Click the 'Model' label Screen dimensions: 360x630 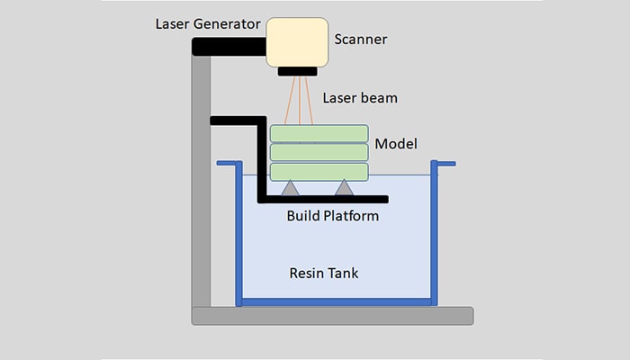tap(395, 143)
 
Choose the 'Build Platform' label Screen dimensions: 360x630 tap(332, 216)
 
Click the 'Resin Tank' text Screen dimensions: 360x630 tap(325, 273)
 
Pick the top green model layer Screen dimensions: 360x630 tap(319, 132)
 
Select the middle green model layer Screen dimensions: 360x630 tap(319, 152)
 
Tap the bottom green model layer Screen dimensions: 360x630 tap(319, 172)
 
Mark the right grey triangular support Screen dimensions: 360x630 tap(344, 189)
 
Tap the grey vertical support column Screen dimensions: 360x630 tap(201, 180)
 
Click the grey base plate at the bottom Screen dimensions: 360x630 tap(332, 315)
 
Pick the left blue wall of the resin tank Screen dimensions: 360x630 tap(239, 234)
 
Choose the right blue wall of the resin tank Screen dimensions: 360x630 tap(434, 234)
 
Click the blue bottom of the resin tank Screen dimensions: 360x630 tap(337, 301)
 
